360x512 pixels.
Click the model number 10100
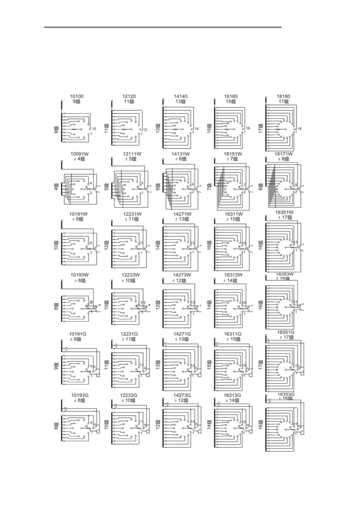point(77,96)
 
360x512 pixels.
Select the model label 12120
point(129,96)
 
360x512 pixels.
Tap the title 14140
point(181,96)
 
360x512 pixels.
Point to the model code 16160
point(231,96)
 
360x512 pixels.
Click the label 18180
point(283,96)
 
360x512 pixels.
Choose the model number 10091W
point(79,154)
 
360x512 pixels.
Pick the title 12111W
point(132,154)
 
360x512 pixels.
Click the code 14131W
point(181,154)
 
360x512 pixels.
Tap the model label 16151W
point(233,154)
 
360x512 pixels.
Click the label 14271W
point(182,214)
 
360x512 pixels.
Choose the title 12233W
point(131,275)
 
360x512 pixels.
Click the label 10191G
point(78,334)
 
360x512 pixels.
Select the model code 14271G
point(182,334)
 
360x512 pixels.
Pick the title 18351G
point(285,332)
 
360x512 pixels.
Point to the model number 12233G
point(128,395)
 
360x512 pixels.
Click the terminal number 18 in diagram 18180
point(300,129)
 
